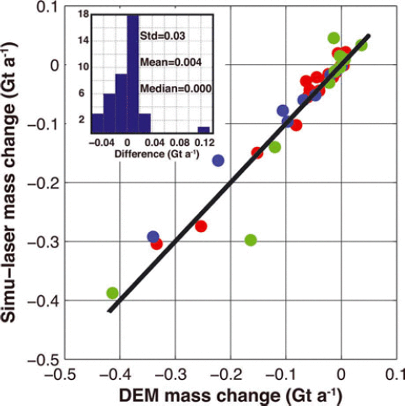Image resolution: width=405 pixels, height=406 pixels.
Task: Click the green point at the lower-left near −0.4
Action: pos(113,293)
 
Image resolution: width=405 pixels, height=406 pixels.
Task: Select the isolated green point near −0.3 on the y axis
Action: pos(251,240)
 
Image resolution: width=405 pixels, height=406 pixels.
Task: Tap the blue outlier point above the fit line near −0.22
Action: pos(218,160)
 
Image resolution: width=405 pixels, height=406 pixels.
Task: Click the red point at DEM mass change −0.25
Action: pos(201,226)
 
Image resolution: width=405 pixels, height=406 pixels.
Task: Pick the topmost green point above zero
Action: pos(334,38)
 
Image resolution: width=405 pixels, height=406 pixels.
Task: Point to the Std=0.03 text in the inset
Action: pos(163,36)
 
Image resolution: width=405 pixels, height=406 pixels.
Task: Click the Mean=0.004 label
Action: pos(171,62)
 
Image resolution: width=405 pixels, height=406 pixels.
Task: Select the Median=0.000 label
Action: pos(176,89)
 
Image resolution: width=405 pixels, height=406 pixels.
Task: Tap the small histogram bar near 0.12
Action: pos(204,130)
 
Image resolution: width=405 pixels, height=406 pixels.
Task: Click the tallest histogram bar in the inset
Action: pos(133,74)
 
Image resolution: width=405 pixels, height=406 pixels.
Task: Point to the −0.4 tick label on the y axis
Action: pos(43,301)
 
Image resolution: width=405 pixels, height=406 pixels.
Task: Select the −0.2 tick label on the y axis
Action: pos(43,183)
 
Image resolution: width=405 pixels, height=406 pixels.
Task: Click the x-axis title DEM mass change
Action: pos(230,396)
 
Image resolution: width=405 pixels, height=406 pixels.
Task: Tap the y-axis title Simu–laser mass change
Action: pos(9,182)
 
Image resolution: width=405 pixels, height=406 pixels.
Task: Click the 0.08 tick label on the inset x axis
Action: pos(180,143)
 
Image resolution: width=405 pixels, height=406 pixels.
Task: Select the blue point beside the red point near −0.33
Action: pos(153,237)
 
